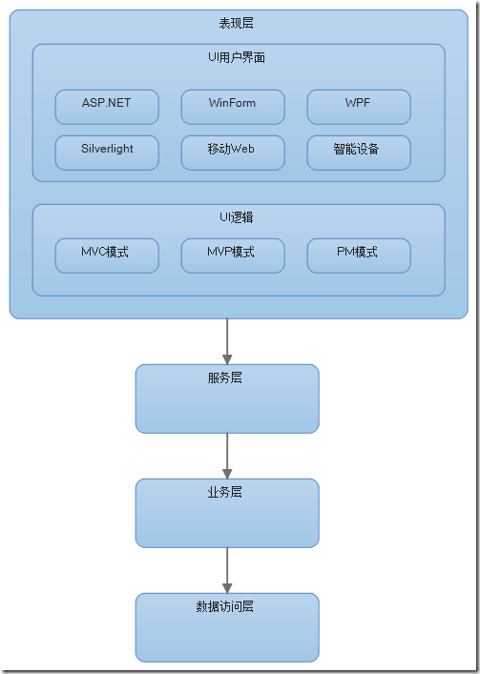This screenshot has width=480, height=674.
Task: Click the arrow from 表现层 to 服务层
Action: point(227,338)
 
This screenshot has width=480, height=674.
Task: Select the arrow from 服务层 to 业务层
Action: point(227,454)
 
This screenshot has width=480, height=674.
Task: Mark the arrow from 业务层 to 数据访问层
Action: point(227,568)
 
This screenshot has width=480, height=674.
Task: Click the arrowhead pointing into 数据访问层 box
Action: point(227,587)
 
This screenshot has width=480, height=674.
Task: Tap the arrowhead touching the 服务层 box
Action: point(227,358)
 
